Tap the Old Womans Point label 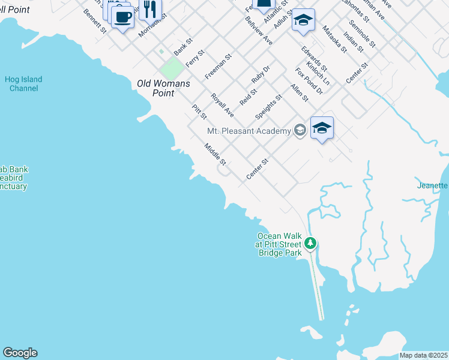pyautogui.click(x=163, y=88)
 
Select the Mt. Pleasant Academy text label pyautogui.click(x=249, y=131)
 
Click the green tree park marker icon pyautogui.click(x=310, y=243)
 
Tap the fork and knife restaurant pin pyautogui.click(x=149, y=10)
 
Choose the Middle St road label pyautogui.click(x=214, y=154)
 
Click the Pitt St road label pyautogui.click(x=199, y=111)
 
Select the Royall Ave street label pyautogui.click(x=222, y=104)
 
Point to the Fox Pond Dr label pyautogui.click(x=309, y=80)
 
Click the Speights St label pyautogui.click(x=268, y=106)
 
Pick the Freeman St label pyautogui.click(x=218, y=68)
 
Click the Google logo pyautogui.click(x=20, y=353)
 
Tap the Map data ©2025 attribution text pyautogui.click(x=423, y=355)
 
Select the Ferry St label pyautogui.click(x=195, y=58)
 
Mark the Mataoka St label pyautogui.click(x=334, y=38)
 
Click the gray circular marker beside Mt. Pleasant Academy pyautogui.click(x=300, y=131)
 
